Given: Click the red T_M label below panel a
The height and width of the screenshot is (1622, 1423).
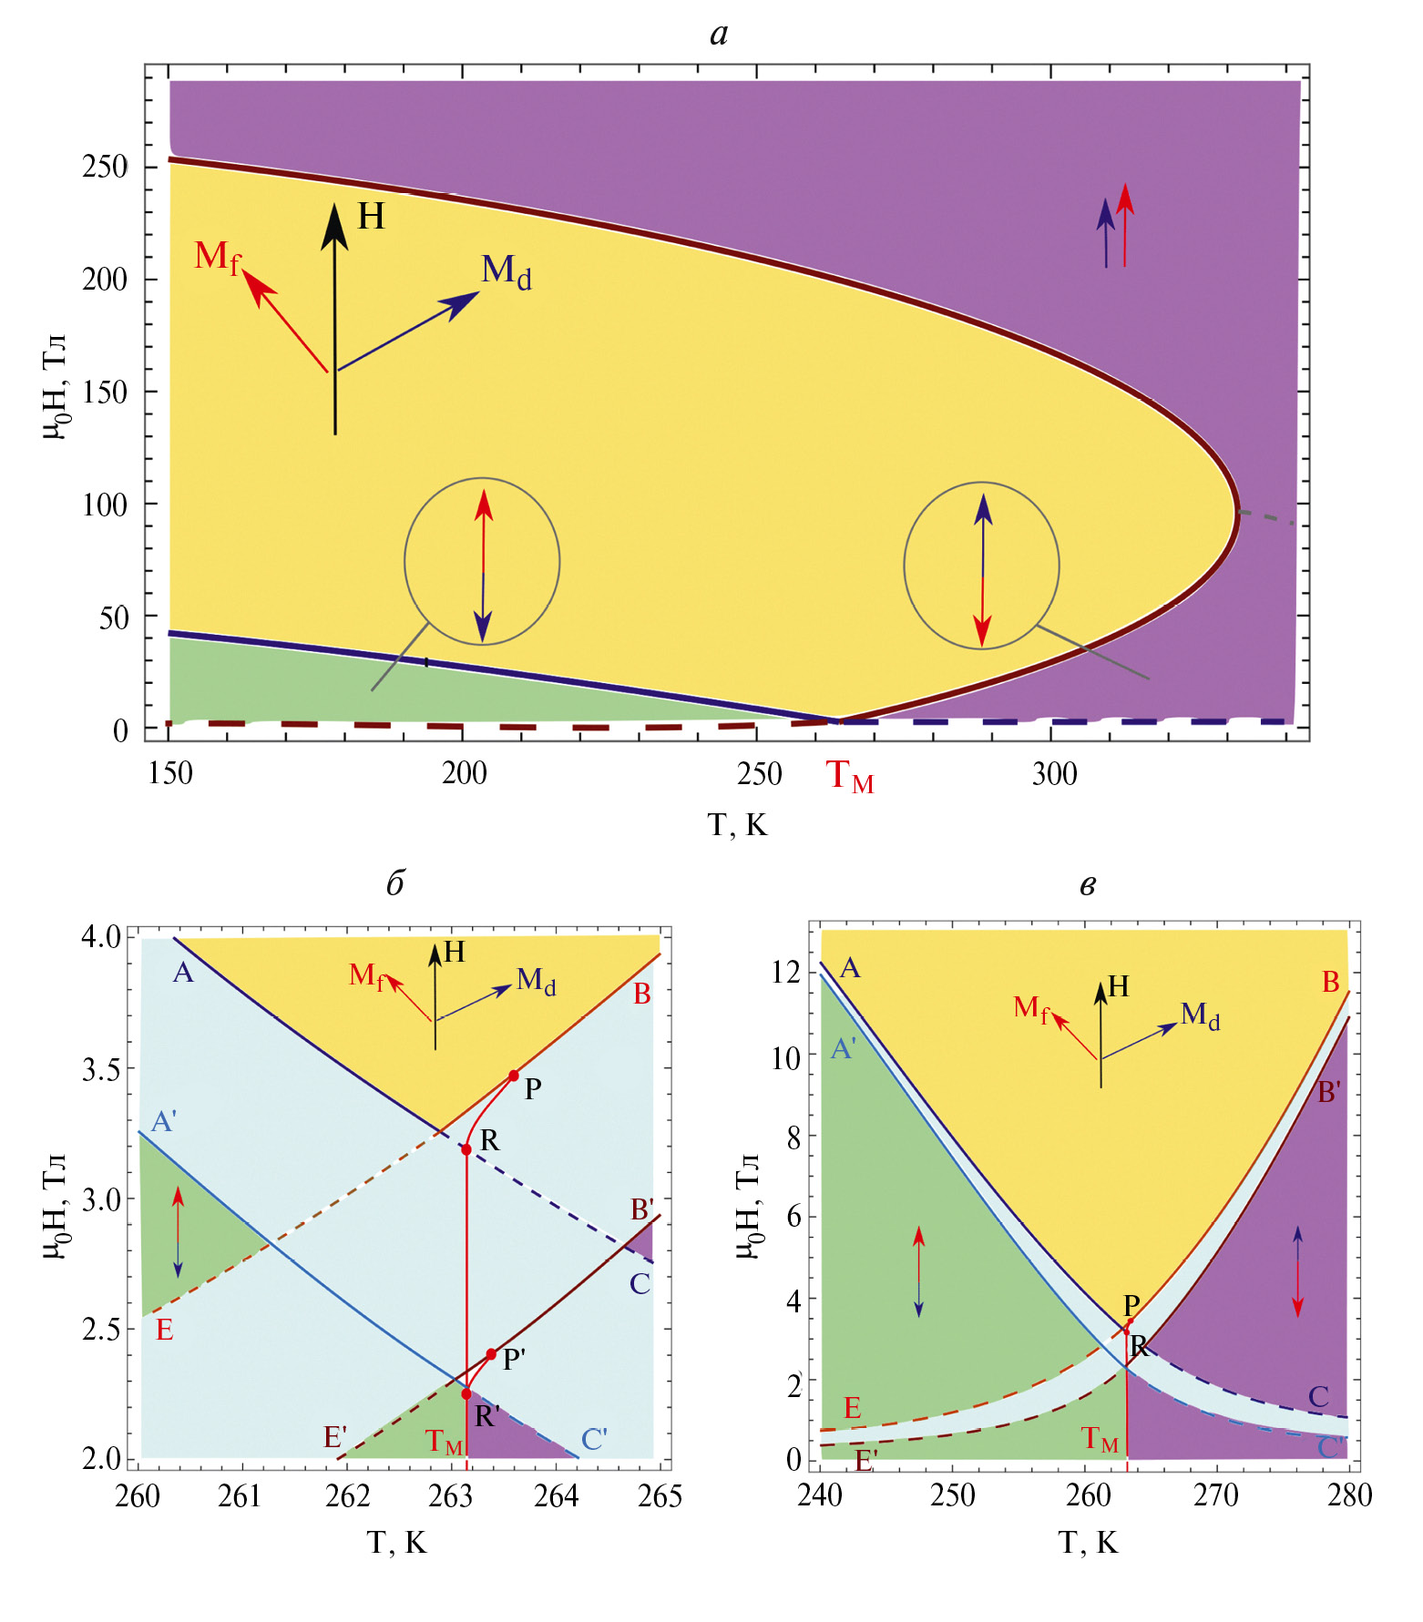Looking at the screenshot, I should click(849, 776).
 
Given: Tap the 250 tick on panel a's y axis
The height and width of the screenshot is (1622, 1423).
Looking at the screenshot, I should click(105, 167).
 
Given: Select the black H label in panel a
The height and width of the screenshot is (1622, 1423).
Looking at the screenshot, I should click(371, 217).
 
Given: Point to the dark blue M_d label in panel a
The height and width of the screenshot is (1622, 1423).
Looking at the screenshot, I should click(506, 270).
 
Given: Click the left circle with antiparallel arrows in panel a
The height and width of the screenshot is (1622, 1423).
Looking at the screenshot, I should click(482, 561).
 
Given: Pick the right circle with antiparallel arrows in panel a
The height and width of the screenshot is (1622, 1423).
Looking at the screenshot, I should click(981, 566).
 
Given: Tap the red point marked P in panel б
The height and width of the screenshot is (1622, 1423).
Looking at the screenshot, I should click(514, 1076).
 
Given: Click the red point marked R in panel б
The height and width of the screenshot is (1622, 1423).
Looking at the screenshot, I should click(466, 1149).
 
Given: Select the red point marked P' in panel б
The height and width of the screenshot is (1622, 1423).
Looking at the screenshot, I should click(491, 1354).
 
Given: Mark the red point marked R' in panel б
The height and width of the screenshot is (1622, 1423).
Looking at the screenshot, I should click(466, 1394).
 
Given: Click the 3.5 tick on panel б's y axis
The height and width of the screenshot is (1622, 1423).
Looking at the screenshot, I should click(102, 1069).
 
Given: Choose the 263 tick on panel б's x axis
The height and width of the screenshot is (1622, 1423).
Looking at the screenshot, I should click(451, 1496).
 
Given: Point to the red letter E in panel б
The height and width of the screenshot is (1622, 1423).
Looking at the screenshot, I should click(164, 1331).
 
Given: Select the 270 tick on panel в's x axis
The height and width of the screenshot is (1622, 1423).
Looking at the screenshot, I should click(1216, 1495).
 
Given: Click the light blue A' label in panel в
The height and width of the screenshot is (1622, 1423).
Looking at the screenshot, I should click(844, 1050).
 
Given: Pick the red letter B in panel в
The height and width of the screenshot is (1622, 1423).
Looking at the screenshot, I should click(1330, 983).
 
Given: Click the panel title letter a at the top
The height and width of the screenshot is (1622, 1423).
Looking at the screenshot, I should click(719, 35).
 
